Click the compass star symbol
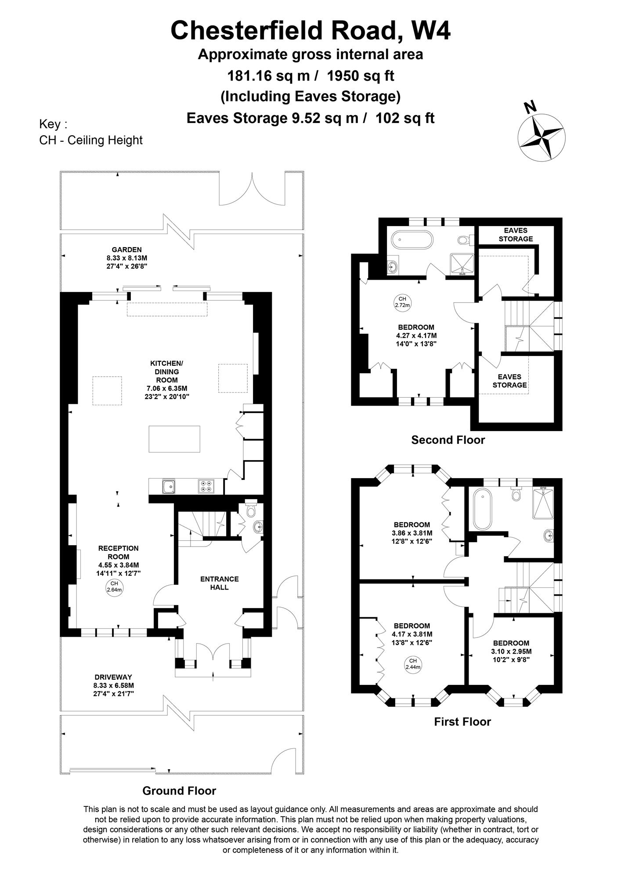(x=541, y=137)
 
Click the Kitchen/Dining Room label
(x=166, y=372)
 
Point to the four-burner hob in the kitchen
(x=206, y=486)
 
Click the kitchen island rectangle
(x=174, y=439)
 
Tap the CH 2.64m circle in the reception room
(x=114, y=587)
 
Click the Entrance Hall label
(x=220, y=583)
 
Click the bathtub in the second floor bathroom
(x=412, y=241)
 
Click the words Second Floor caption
(x=448, y=440)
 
